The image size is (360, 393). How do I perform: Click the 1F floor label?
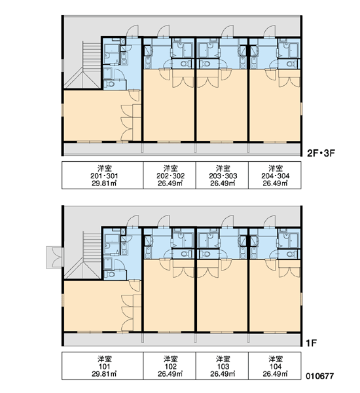[x=312, y=343]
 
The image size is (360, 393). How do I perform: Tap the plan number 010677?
[x=319, y=376]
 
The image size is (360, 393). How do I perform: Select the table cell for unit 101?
[x=103, y=366]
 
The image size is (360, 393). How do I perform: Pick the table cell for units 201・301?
[x=103, y=175]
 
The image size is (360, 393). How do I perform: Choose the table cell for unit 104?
[x=275, y=366]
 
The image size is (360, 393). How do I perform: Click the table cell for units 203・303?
[x=222, y=175]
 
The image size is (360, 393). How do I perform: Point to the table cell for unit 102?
[x=170, y=366]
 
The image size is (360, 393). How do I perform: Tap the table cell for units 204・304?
[x=275, y=175]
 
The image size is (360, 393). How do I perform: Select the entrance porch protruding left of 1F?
[x=54, y=257]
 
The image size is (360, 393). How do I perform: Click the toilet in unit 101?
[x=109, y=274]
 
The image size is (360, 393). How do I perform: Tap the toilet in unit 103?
[x=206, y=254]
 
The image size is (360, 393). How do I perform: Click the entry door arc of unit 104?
[x=269, y=221]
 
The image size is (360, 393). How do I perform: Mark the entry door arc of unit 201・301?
[x=132, y=31]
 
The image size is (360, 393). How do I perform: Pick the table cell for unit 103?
[x=222, y=366]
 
